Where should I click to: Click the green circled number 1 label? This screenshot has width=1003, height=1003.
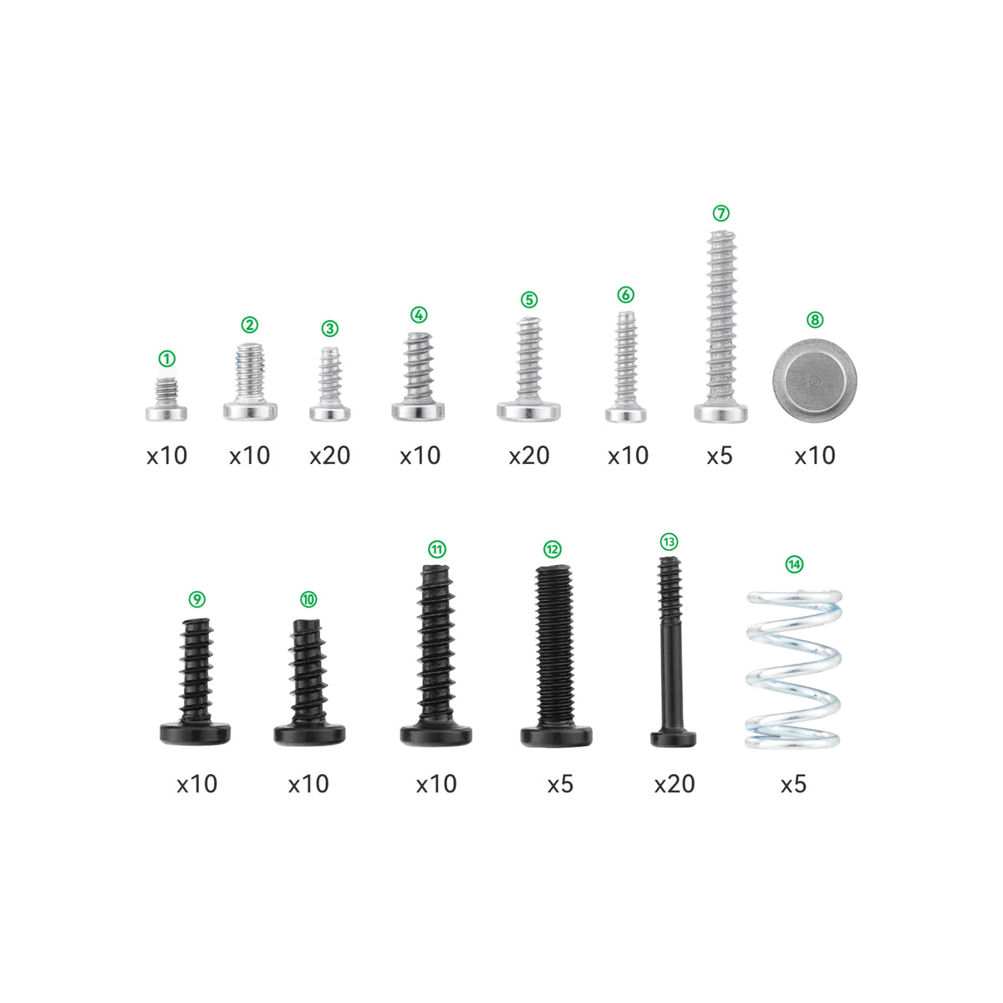tap(167, 359)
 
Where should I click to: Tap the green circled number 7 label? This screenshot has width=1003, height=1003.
tap(720, 213)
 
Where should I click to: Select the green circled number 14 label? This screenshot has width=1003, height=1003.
tap(794, 564)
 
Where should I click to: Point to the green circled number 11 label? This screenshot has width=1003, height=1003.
tap(436, 549)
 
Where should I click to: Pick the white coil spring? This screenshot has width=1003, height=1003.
tap(792, 668)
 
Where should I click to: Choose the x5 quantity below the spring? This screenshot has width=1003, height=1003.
tap(793, 784)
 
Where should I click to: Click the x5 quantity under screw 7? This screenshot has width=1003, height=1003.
tap(719, 456)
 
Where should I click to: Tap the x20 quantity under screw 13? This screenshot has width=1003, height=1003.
tap(674, 784)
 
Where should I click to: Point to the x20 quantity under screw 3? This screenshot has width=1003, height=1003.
tap(329, 456)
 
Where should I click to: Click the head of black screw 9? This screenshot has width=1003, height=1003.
tap(196, 733)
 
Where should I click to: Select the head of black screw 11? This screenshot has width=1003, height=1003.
tap(435, 735)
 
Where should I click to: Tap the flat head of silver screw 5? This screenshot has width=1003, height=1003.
tap(528, 410)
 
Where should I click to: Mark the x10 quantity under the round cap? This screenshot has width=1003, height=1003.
tap(814, 456)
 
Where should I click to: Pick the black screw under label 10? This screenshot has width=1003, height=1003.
tap(309, 681)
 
